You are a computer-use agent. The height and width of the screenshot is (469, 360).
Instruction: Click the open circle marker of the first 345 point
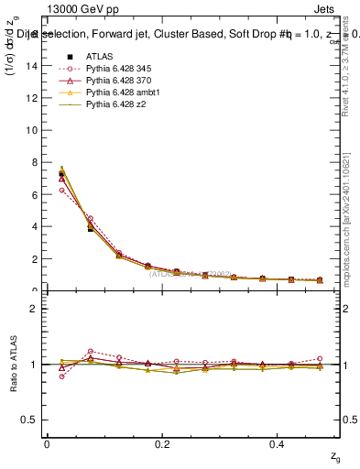point(61,190)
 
